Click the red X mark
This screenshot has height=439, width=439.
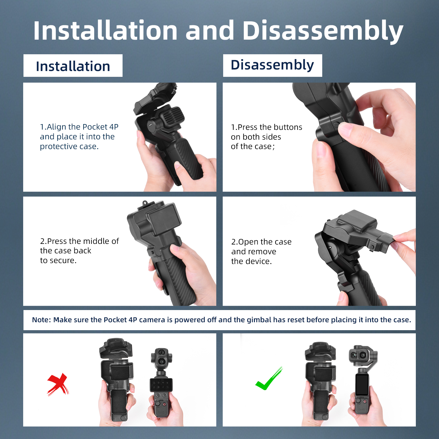pyautogui.click(x=57, y=384)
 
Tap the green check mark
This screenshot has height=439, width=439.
pyautogui.click(x=269, y=378)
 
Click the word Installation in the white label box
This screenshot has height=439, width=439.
pyautogui.click(x=73, y=66)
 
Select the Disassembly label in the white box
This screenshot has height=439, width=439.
pyautogui.click(x=272, y=65)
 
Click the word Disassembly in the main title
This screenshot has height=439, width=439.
pyautogui.click(x=323, y=31)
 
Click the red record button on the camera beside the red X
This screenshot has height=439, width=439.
pyautogui.click(x=165, y=404)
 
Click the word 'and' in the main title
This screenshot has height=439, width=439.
pyautogui.click(x=210, y=31)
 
